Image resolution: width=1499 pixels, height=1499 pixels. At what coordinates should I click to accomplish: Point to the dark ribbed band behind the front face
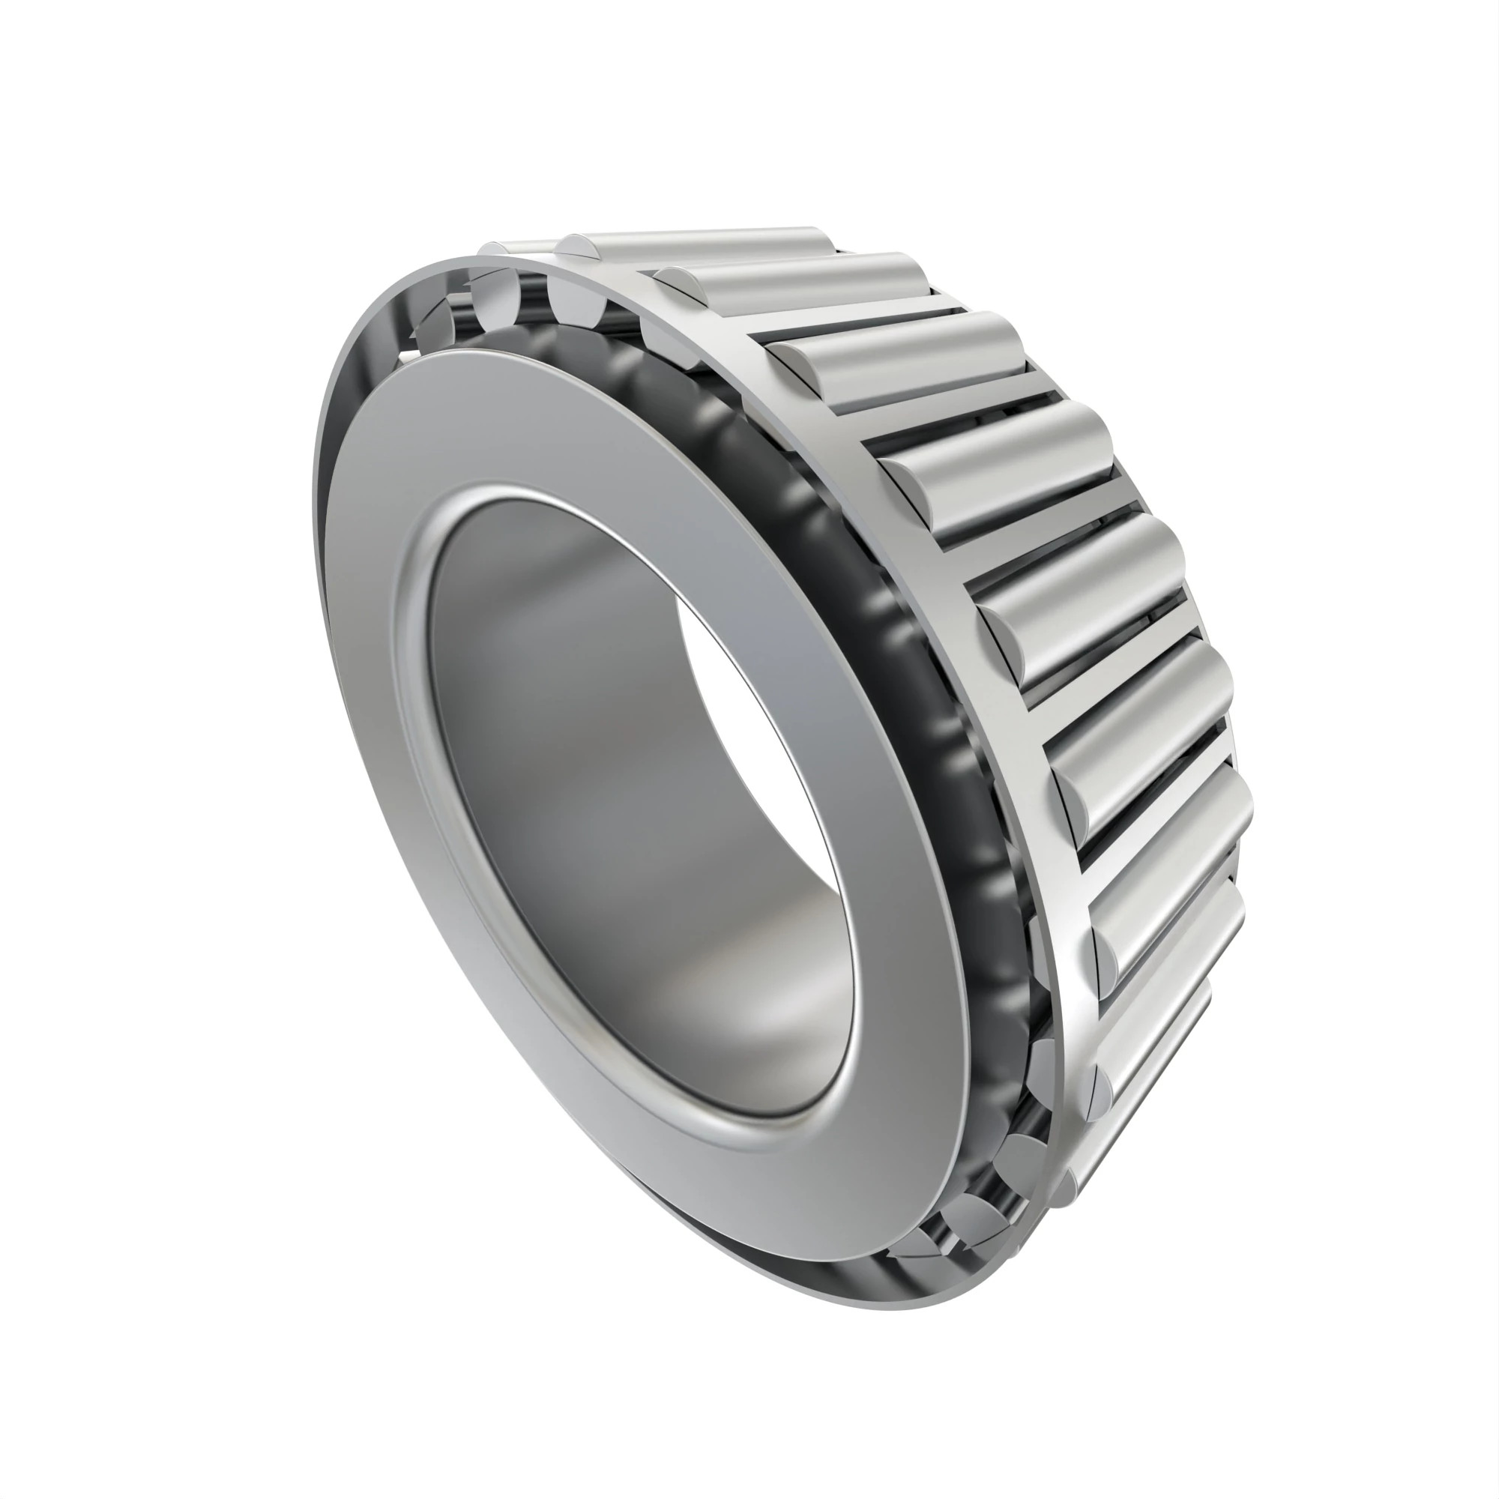click(x=892, y=621)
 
